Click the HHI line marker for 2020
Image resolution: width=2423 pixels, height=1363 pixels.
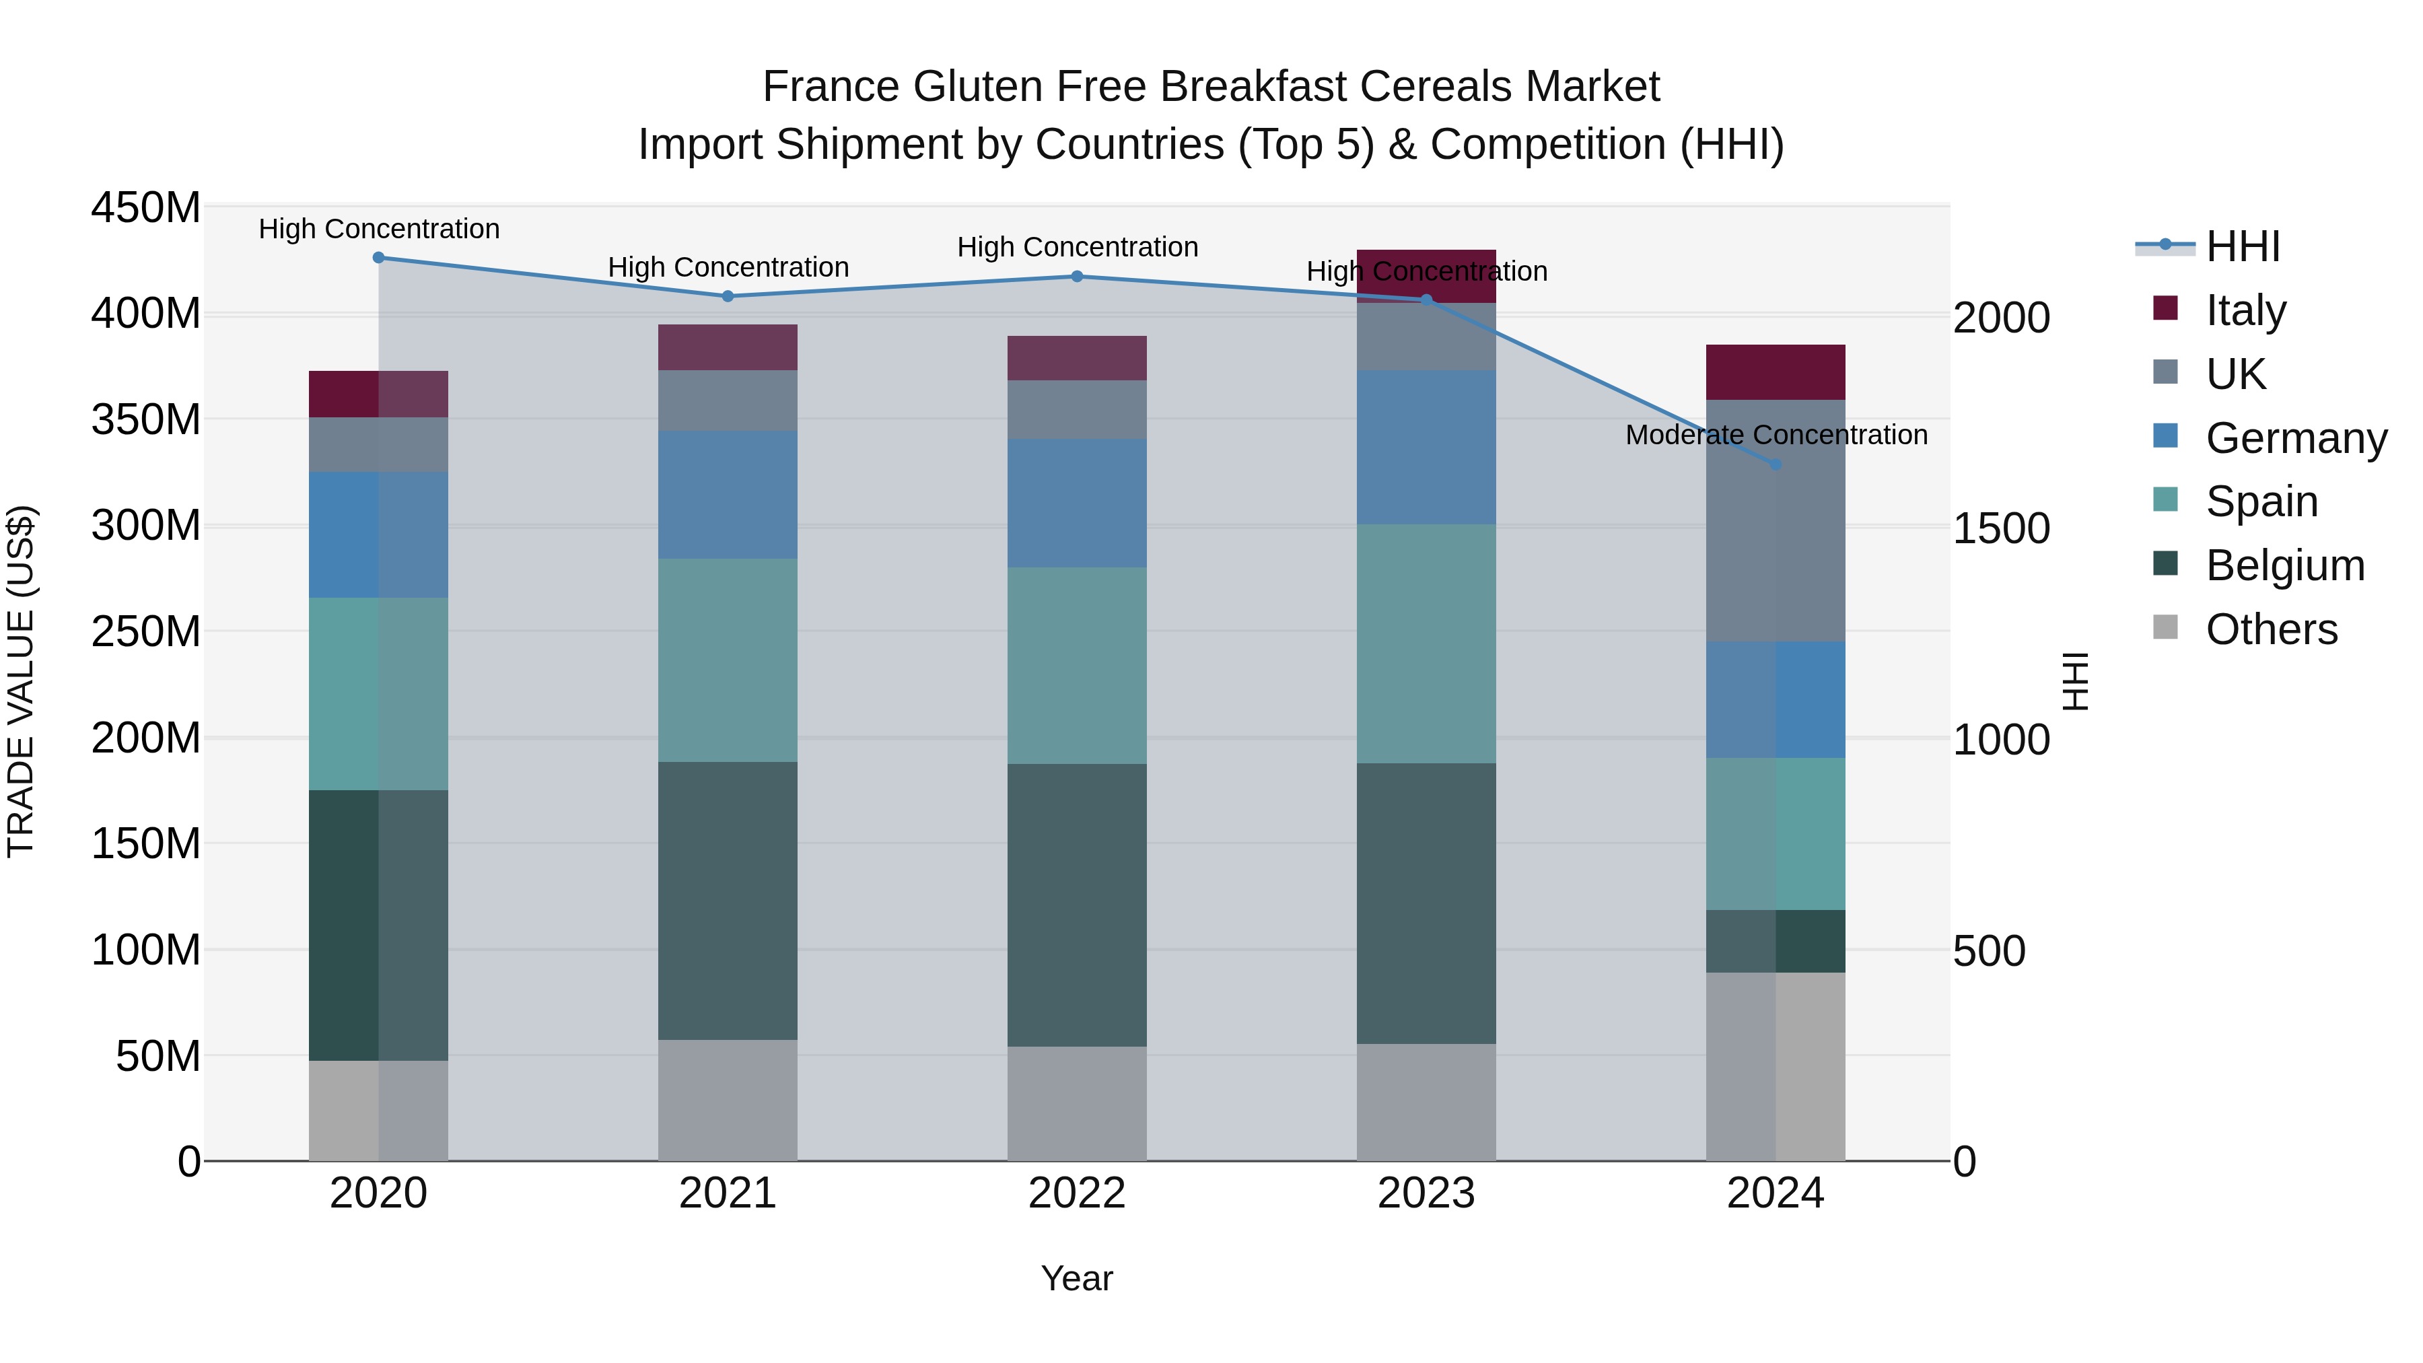click(378, 257)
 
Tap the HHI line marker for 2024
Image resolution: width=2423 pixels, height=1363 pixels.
click(1775, 464)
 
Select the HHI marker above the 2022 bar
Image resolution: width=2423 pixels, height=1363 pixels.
click(1077, 277)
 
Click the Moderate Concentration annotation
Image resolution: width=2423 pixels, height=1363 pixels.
click(1776, 435)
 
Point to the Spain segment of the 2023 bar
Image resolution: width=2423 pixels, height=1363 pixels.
click(1426, 643)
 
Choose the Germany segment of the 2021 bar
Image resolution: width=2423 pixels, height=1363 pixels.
click(727, 495)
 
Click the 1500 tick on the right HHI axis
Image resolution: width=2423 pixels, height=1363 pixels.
click(2001, 528)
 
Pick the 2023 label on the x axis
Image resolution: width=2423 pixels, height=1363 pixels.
click(1426, 1193)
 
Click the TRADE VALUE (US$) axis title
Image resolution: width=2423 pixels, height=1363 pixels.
click(21, 681)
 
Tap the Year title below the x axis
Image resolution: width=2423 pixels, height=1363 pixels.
click(1076, 1278)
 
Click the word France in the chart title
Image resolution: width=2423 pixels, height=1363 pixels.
click(831, 87)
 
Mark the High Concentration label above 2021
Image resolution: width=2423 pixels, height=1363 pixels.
click(728, 267)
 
